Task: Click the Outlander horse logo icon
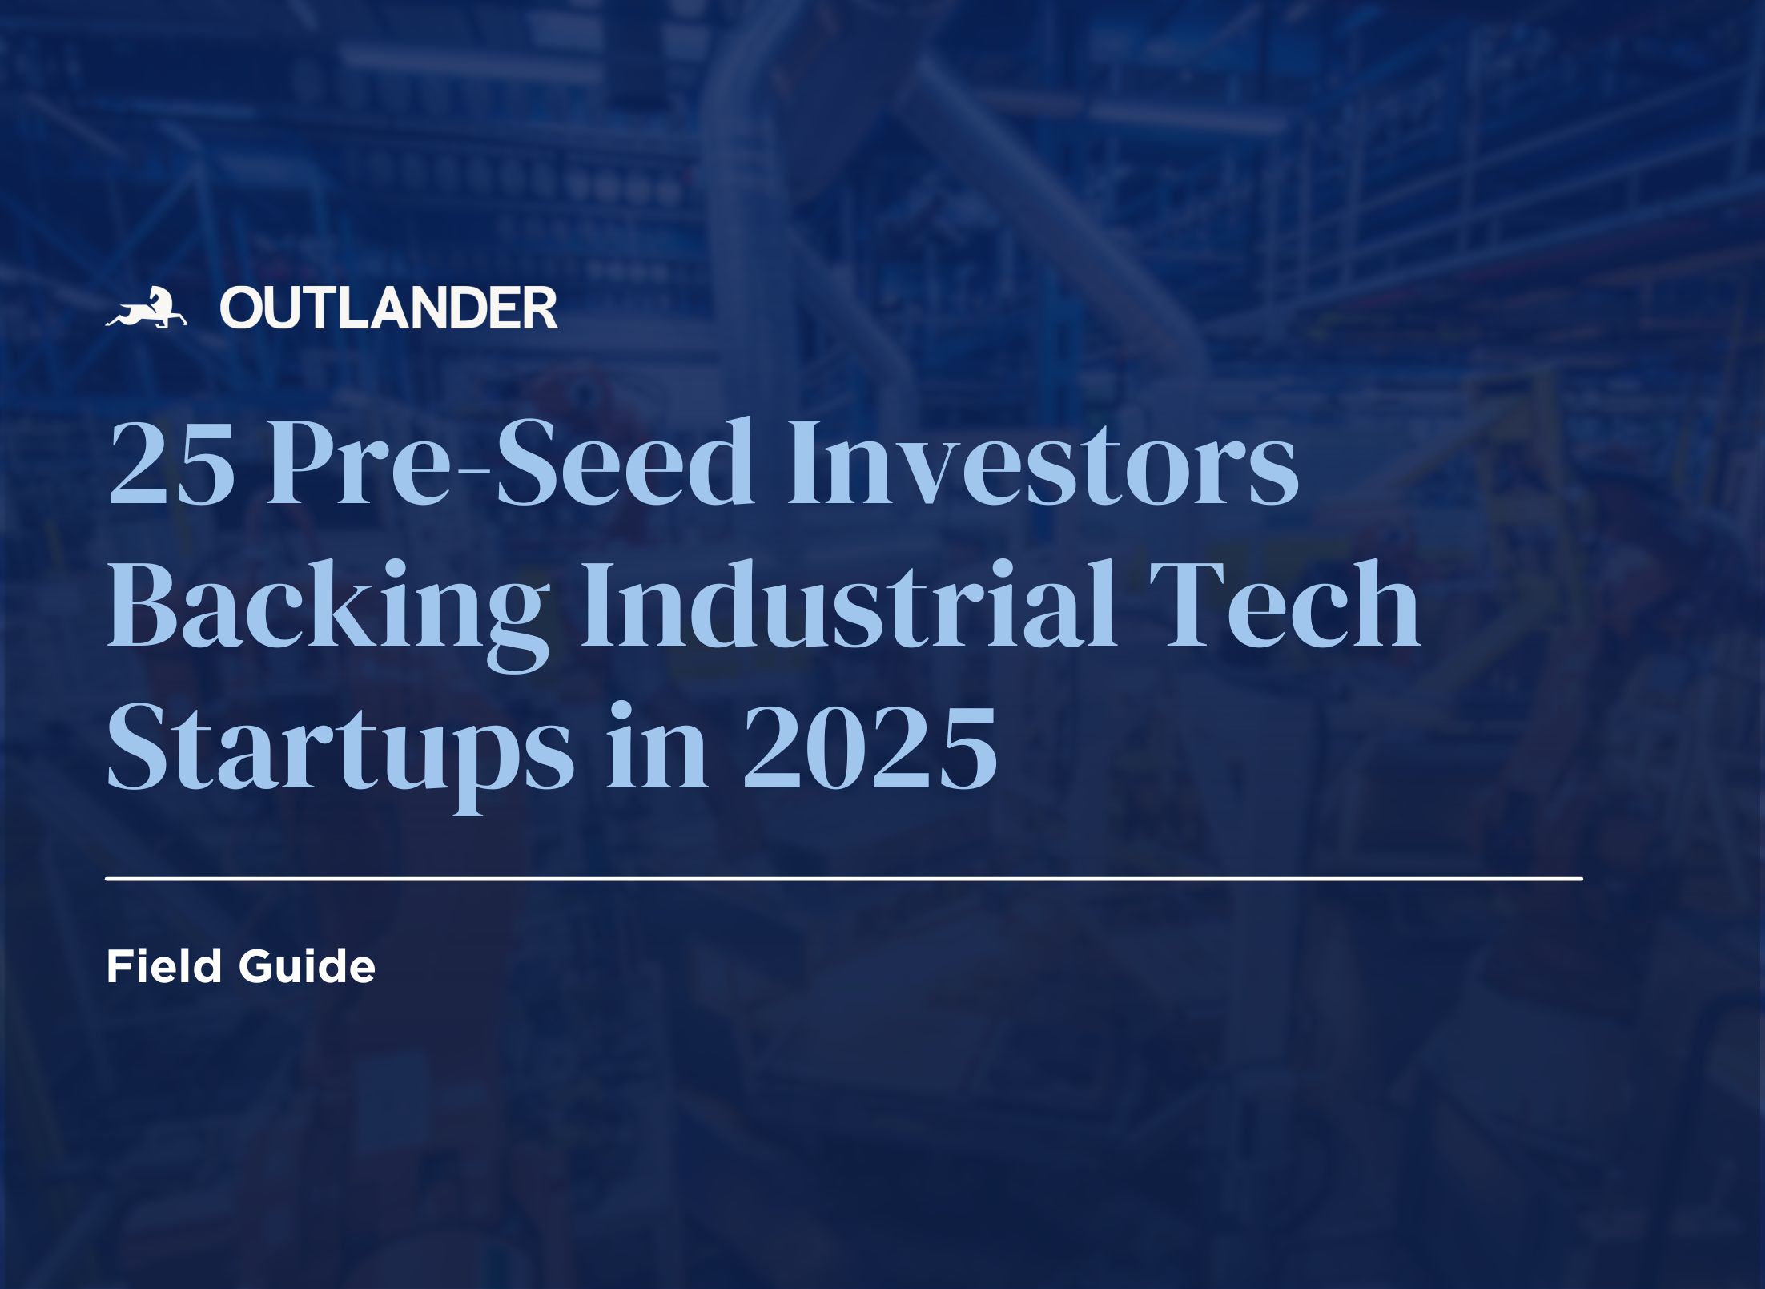tap(146, 308)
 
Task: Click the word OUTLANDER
tap(389, 308)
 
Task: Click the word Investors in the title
tap(1042, 463)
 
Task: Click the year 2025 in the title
tap(870, 747)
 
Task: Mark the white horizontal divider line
tap(844, 879)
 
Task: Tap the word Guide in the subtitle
tap(307, 968)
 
